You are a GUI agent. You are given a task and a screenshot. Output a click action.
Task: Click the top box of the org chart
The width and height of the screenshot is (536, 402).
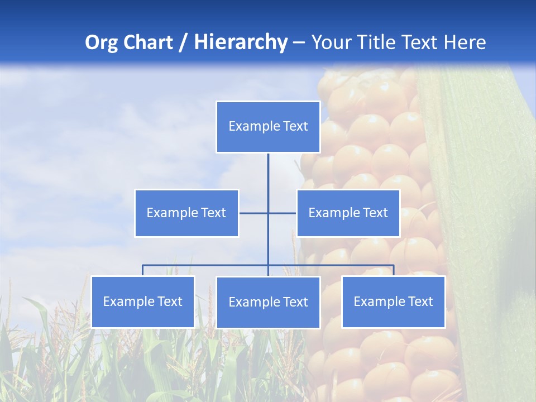(268, 127)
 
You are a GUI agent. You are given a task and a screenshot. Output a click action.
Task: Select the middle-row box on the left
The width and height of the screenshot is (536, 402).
(186, 213)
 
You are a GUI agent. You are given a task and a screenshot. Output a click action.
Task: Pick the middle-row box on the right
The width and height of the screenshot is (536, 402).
(348, 213)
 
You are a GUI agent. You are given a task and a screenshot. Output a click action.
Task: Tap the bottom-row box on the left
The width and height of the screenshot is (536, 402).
(143, 301)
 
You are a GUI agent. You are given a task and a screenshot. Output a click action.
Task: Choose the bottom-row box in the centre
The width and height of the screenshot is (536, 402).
(268, 302)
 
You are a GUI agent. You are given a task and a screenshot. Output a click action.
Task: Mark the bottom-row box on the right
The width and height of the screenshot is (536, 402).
(393, 301)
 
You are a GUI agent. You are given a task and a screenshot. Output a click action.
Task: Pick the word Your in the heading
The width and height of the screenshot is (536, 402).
(332, 42)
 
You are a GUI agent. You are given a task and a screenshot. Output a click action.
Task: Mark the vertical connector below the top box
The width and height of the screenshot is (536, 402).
(268, 173)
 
